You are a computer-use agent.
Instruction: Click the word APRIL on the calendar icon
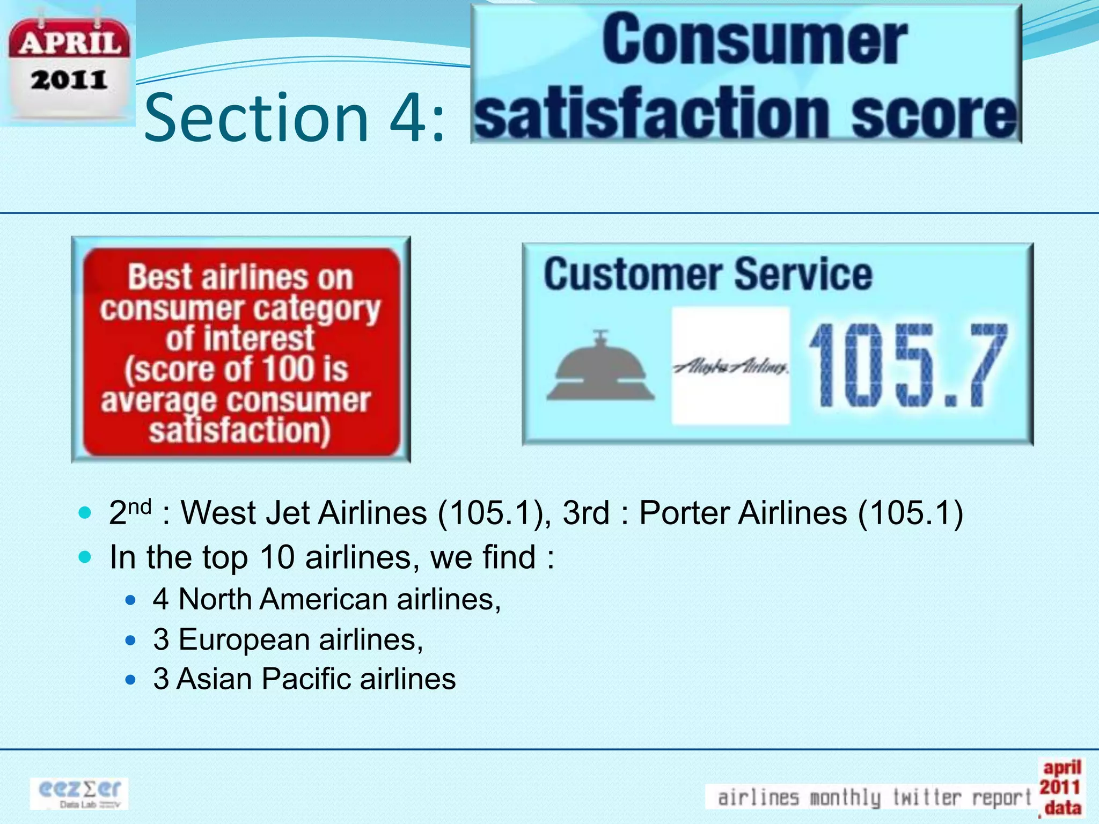(69, 43)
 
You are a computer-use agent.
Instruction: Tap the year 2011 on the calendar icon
(69, 80)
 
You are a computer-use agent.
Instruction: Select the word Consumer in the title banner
(754, 40)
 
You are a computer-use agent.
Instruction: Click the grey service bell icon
(600, 367)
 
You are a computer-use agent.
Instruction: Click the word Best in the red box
(159, 277)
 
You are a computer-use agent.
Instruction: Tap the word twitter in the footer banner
(927, 797)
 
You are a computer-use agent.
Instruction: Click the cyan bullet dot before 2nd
(85, 512)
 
